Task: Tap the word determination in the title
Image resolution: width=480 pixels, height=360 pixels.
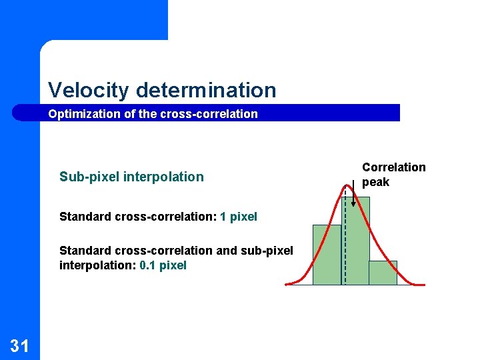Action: (205, 90)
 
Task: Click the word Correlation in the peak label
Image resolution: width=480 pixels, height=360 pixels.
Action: (393, 167)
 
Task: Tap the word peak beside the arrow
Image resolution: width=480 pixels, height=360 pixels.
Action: (375, 182)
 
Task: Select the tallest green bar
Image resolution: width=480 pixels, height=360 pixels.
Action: (355, 240)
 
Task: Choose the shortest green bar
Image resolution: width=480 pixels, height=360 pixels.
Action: (383, 273)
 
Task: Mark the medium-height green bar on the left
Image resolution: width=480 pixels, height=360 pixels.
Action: (327, 255)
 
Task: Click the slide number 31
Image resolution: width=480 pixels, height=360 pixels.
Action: (19, 345)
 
